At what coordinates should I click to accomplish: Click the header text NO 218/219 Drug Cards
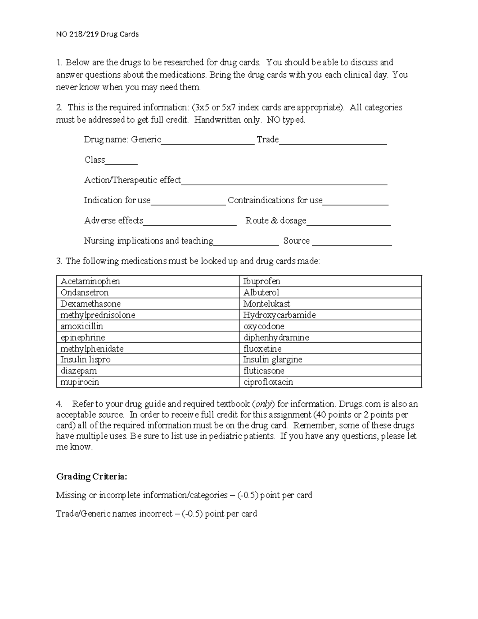pos(97,34)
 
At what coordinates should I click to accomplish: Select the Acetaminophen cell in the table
pos(90,281)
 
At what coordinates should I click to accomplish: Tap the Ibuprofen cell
pos(262,281)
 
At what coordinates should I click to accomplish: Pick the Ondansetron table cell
pos(84,293)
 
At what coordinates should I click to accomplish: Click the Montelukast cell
pos(266,304)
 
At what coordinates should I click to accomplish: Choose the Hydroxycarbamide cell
pos(279,315)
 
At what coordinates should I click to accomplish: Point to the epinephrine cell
pos(82,338)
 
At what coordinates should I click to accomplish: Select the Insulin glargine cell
pos(272,360)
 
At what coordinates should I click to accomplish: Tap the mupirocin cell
pos(80,382)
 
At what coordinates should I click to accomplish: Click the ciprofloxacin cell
pos(268,382)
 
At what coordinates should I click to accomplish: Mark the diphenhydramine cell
pos(276,338)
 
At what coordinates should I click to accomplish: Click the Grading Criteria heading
pos(92,477)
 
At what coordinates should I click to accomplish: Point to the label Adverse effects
pos(114,220)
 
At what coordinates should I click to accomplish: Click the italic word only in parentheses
pos(264,404)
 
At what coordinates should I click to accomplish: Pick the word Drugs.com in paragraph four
pos(357,404)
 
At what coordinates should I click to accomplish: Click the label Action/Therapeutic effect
pos(132,180)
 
